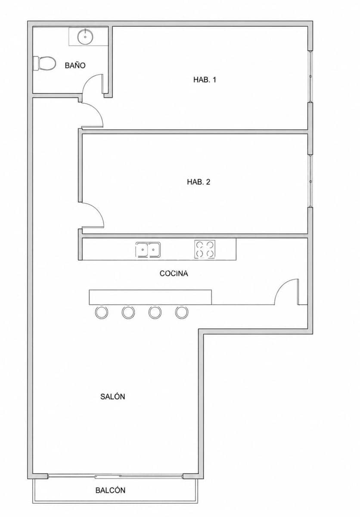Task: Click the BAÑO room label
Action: tap(75, 65)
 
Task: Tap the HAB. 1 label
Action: tap(205, 80)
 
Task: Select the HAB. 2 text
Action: tap(199, 182)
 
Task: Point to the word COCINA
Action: tap(174, 274)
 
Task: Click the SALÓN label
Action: tap(112, 396)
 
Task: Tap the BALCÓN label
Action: tap(111, 490)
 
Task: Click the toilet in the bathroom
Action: tap(44, 63)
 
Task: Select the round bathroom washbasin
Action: tap(85, 37)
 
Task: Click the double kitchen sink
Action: tap(148, 249)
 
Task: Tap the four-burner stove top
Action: tap(205, 249)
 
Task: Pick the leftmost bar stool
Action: tap(102, 312)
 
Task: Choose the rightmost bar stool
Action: tap(182, 312)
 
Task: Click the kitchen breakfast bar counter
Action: tap(150, 297)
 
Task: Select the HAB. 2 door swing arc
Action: tap(98, 211)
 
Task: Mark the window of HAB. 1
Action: tap(310, 76)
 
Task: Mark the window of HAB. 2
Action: tap(310, 181)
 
